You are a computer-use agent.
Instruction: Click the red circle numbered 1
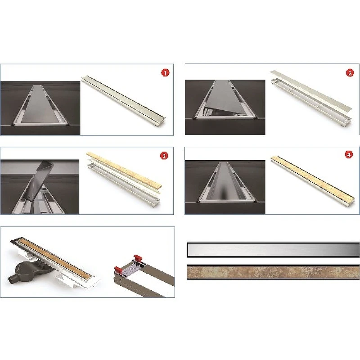165,73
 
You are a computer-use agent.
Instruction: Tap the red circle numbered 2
350,73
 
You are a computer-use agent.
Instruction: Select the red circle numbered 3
164,156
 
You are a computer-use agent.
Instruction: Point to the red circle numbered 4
349,154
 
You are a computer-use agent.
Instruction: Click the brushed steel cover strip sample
273,250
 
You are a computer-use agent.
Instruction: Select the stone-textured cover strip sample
273,272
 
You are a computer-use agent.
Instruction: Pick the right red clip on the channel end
138,258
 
